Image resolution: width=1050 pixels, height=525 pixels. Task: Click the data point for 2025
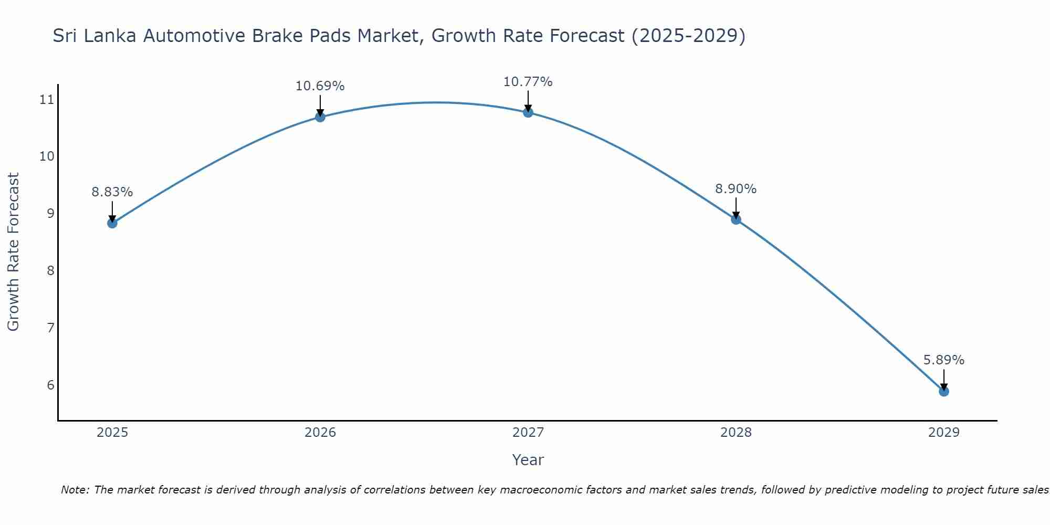click(x=112, y=223)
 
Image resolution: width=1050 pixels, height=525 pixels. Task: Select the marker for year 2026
click(x=320, y=117)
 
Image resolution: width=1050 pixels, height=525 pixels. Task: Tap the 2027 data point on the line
click(x=528, y=112)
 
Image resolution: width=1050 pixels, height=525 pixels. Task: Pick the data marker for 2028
click(x=736, y=219)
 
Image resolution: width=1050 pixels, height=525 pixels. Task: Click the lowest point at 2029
click(x=944, y=391)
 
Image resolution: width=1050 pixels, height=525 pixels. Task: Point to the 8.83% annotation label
click(x=112, y=192)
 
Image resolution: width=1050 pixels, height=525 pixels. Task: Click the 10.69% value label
click(x=320, y=86)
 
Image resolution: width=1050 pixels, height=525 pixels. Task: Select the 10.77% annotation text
click(x=528, y=82)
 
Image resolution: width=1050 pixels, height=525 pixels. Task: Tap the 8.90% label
click(x=736, y=189)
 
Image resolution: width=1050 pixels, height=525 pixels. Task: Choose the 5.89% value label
click(x=944, y=360)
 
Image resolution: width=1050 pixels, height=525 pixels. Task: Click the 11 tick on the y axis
click(x=47, y=99)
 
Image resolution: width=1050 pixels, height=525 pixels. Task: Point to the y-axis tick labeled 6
click(x=50, y=385)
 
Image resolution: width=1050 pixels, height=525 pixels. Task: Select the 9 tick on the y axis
click(x=50, y=213)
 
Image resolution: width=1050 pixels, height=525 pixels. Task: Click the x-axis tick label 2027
click(x=528, y=433)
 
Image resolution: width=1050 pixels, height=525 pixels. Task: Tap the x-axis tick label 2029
click(x=944, y=433)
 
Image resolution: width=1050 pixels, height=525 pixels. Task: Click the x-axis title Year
click(x=528, y=460)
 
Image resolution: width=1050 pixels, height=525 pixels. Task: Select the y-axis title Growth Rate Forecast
click(x=13, y=252)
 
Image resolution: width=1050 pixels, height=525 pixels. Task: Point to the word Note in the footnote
click(x=76, y=490)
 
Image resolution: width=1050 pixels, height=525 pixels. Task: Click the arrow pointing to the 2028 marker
click(x=736, y=208)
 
